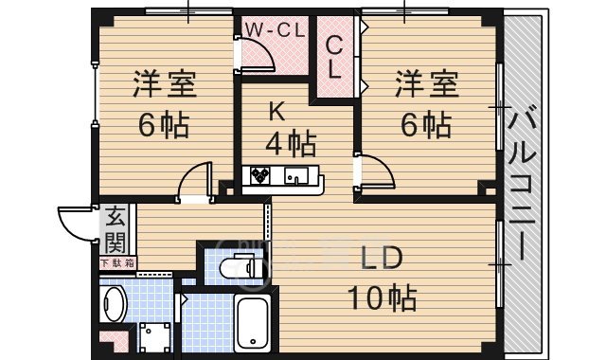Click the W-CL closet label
point(275,29)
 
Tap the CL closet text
point(336,57)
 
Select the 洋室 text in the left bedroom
point(164,84)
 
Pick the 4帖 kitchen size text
point(289,144)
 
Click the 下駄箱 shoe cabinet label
point(117,262)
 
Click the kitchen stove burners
point(260,175)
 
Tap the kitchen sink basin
point(296,175)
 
